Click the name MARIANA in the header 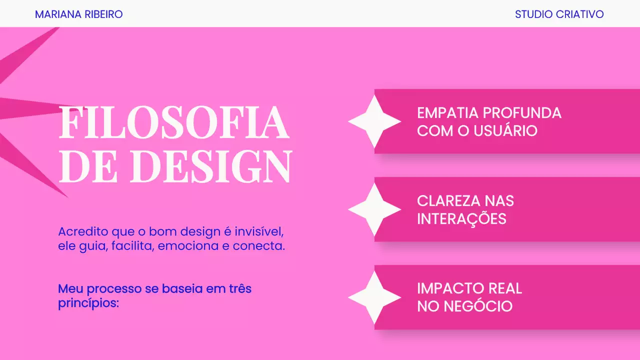click(54, 14)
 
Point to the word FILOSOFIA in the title click(173, 123)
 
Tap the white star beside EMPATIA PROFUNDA click(374, 121)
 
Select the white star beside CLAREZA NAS click(374, 209)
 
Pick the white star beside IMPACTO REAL click(374, 297)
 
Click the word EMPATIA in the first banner click(448, 113)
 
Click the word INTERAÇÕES click(461, 219)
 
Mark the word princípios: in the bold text click(88, 303)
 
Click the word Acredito click(83, 232)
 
